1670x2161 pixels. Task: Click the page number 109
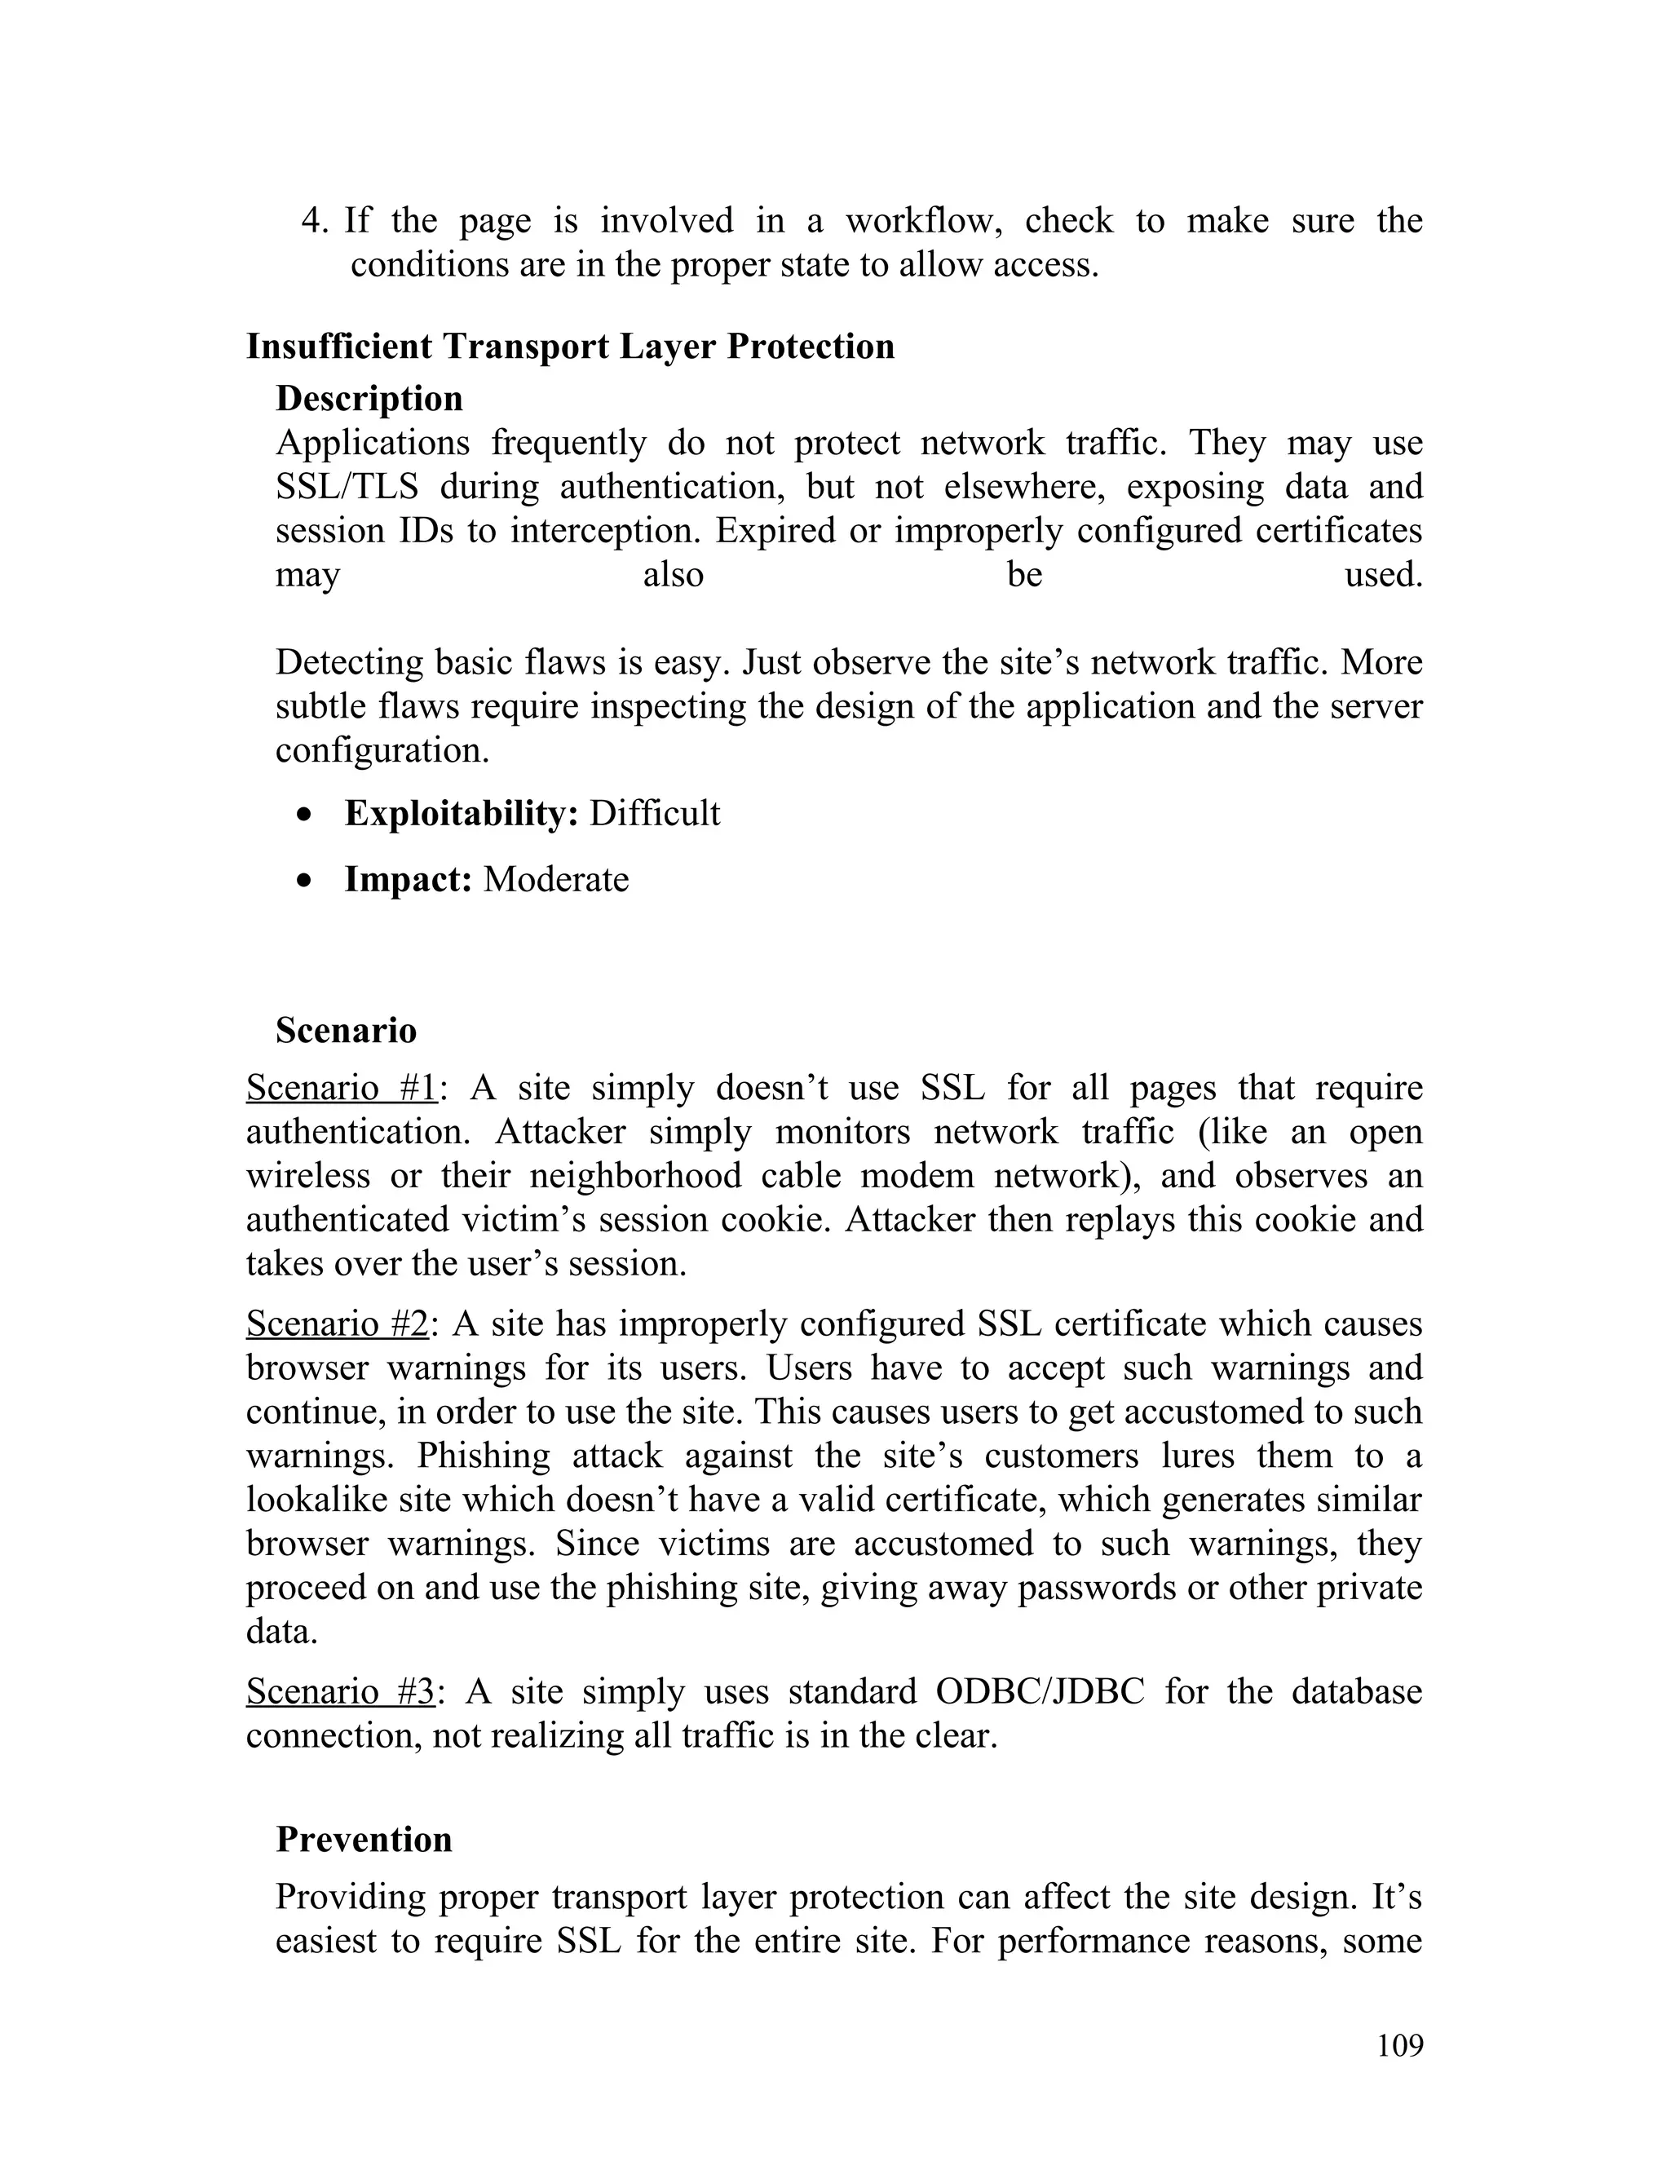(x=1399, y=2045)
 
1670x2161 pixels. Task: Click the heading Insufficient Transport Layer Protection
(x=570, y=347)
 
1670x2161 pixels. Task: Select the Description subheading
(x=369, y=398)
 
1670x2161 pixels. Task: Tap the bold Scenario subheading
(x=347, y=1030)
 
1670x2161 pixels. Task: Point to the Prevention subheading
(x=363, y=1838)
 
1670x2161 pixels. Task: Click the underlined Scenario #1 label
(x=342, y=1087)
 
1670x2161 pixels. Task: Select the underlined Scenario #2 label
(x=338, y=1323)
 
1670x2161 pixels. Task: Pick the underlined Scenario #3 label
(x=340, y=1691)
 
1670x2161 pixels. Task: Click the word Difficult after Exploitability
(x=655, y=813)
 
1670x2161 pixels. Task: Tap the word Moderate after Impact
(x=556, y=878)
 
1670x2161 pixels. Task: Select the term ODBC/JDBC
(x=1039, y=1691)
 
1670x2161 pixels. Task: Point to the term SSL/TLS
(x=347, y=487)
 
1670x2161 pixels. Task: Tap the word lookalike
(x=316, y=1499)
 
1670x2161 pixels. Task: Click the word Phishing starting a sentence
(x=483, y=1456)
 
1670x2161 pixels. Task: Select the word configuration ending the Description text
(x=381, y=750)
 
